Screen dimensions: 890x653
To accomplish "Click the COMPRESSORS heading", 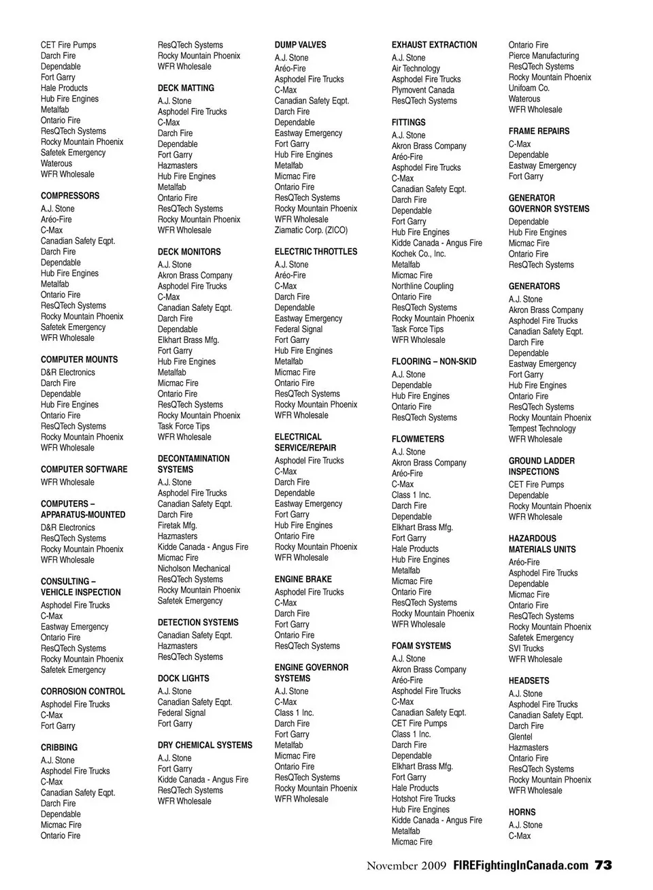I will (x=70, y=196).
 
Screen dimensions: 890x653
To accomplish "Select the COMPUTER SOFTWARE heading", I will (x=84, y=469).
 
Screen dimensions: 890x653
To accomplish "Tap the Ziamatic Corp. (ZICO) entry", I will (x=311, y=231).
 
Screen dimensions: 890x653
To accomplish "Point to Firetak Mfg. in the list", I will (x=178, y=526).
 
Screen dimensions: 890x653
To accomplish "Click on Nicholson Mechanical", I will (x=194, y=569).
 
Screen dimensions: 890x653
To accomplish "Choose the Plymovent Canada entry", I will (x=422, y=90).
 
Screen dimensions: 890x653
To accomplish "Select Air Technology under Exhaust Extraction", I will (x=416, y=69).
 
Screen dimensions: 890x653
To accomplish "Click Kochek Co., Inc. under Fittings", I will (x=418, y=254).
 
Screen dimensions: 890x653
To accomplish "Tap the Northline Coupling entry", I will (x=422, y=286).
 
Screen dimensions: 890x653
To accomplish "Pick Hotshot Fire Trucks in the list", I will (x=423, y=799).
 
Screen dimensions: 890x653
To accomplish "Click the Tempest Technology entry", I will (x=542, y=429).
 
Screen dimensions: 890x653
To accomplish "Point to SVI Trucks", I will (x=526, y=648).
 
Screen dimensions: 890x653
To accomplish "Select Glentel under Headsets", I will (x=520, y=737).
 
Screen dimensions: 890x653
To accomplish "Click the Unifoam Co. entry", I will (x=529, y=88).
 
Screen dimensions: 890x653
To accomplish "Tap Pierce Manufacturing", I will (x=543, y=56).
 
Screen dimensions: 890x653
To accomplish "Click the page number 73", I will (x=603, y=866).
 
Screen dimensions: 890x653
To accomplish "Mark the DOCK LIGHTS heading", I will (x=184, y=678).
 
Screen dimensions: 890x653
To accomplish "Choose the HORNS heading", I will (x=522, y=812).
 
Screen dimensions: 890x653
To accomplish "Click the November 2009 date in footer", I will (x=406, y=866).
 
